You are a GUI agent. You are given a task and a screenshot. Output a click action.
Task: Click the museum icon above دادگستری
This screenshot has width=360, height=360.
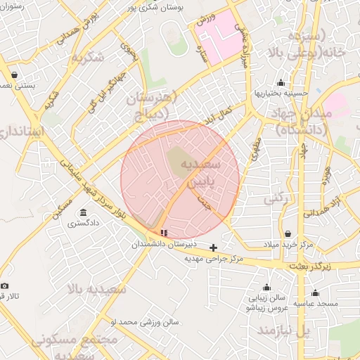83,213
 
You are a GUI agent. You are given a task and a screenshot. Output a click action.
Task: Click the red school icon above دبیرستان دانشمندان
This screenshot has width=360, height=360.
164,232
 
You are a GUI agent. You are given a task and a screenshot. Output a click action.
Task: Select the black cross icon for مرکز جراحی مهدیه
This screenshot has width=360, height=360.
214,247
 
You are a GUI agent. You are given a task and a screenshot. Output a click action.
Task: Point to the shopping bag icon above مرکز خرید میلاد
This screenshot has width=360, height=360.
288,233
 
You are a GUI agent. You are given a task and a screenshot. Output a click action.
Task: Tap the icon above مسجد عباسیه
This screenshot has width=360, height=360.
314,293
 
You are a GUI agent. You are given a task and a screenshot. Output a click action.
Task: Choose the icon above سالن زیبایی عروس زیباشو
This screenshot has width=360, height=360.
266,287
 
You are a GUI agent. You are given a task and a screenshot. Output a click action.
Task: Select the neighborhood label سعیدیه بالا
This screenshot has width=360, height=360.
97,288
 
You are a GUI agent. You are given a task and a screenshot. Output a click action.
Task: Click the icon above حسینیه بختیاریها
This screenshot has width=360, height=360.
281,82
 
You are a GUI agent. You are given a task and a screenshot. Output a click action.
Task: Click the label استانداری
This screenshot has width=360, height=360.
22,131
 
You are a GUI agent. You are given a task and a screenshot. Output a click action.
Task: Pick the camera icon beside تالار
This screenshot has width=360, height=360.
5,285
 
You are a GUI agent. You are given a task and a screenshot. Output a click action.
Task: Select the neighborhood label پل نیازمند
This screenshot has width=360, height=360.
282,330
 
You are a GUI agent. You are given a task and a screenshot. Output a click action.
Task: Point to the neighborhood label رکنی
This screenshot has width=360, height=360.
278,200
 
